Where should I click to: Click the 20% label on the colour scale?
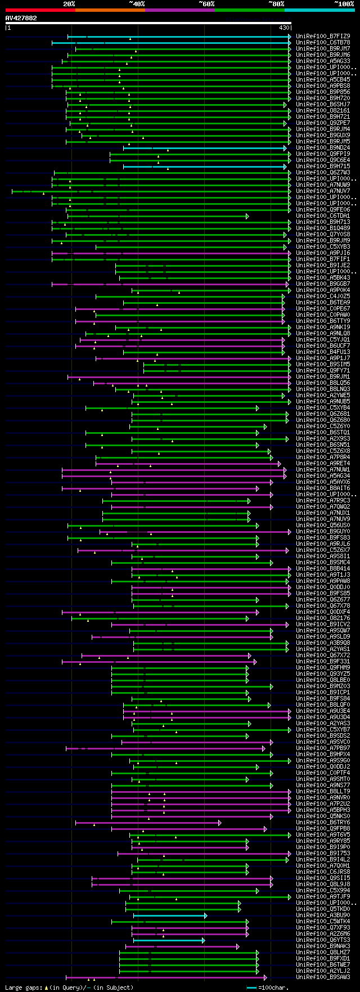pyautogui.click(x=69, y=4)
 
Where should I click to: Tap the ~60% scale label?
pyautogui.click(x=206, y=4)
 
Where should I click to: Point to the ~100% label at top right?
pyautogui.click(x=344, y=4)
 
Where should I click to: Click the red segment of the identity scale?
pyautogui.click(x=40, y=10)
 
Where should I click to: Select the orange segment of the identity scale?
pyautogui.click(x=110, y=10)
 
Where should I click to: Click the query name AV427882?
pyautogui.click(x=21, y=18)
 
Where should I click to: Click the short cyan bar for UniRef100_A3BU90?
pyautogui.click(x=169, y=915)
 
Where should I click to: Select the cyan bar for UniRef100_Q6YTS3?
pyautogui.click(x=168, y=940)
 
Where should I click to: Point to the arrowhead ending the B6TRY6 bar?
pyautogui.click(x=220, y=823)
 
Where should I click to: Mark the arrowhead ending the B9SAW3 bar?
pyautogui.click(x=265, y=977)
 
